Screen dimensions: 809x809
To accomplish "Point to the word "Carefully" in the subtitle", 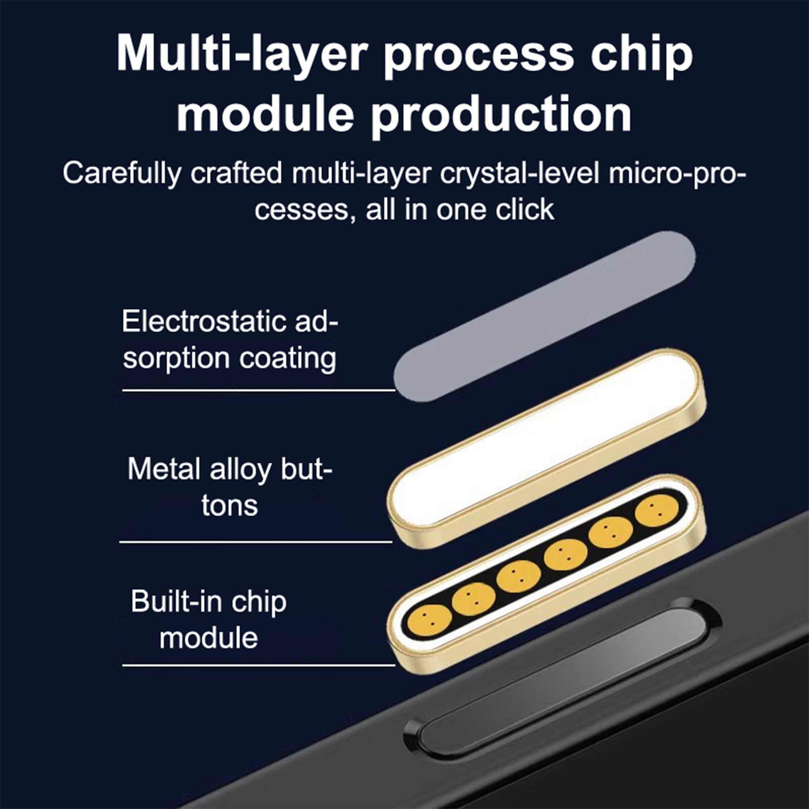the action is [x=122, y=174].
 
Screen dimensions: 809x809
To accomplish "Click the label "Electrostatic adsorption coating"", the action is [x=230, y=340].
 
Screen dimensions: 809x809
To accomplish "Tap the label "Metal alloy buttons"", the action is [x=230, y=487].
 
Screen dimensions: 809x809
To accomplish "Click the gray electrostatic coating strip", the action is [x=545, y=317].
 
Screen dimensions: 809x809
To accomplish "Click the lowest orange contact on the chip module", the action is [x=429, y=619].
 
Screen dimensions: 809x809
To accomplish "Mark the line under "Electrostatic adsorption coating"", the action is [x=258, y=390].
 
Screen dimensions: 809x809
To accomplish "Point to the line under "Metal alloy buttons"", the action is [x=256, y=542].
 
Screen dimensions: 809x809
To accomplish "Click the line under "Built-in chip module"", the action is [x=258, y=665].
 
